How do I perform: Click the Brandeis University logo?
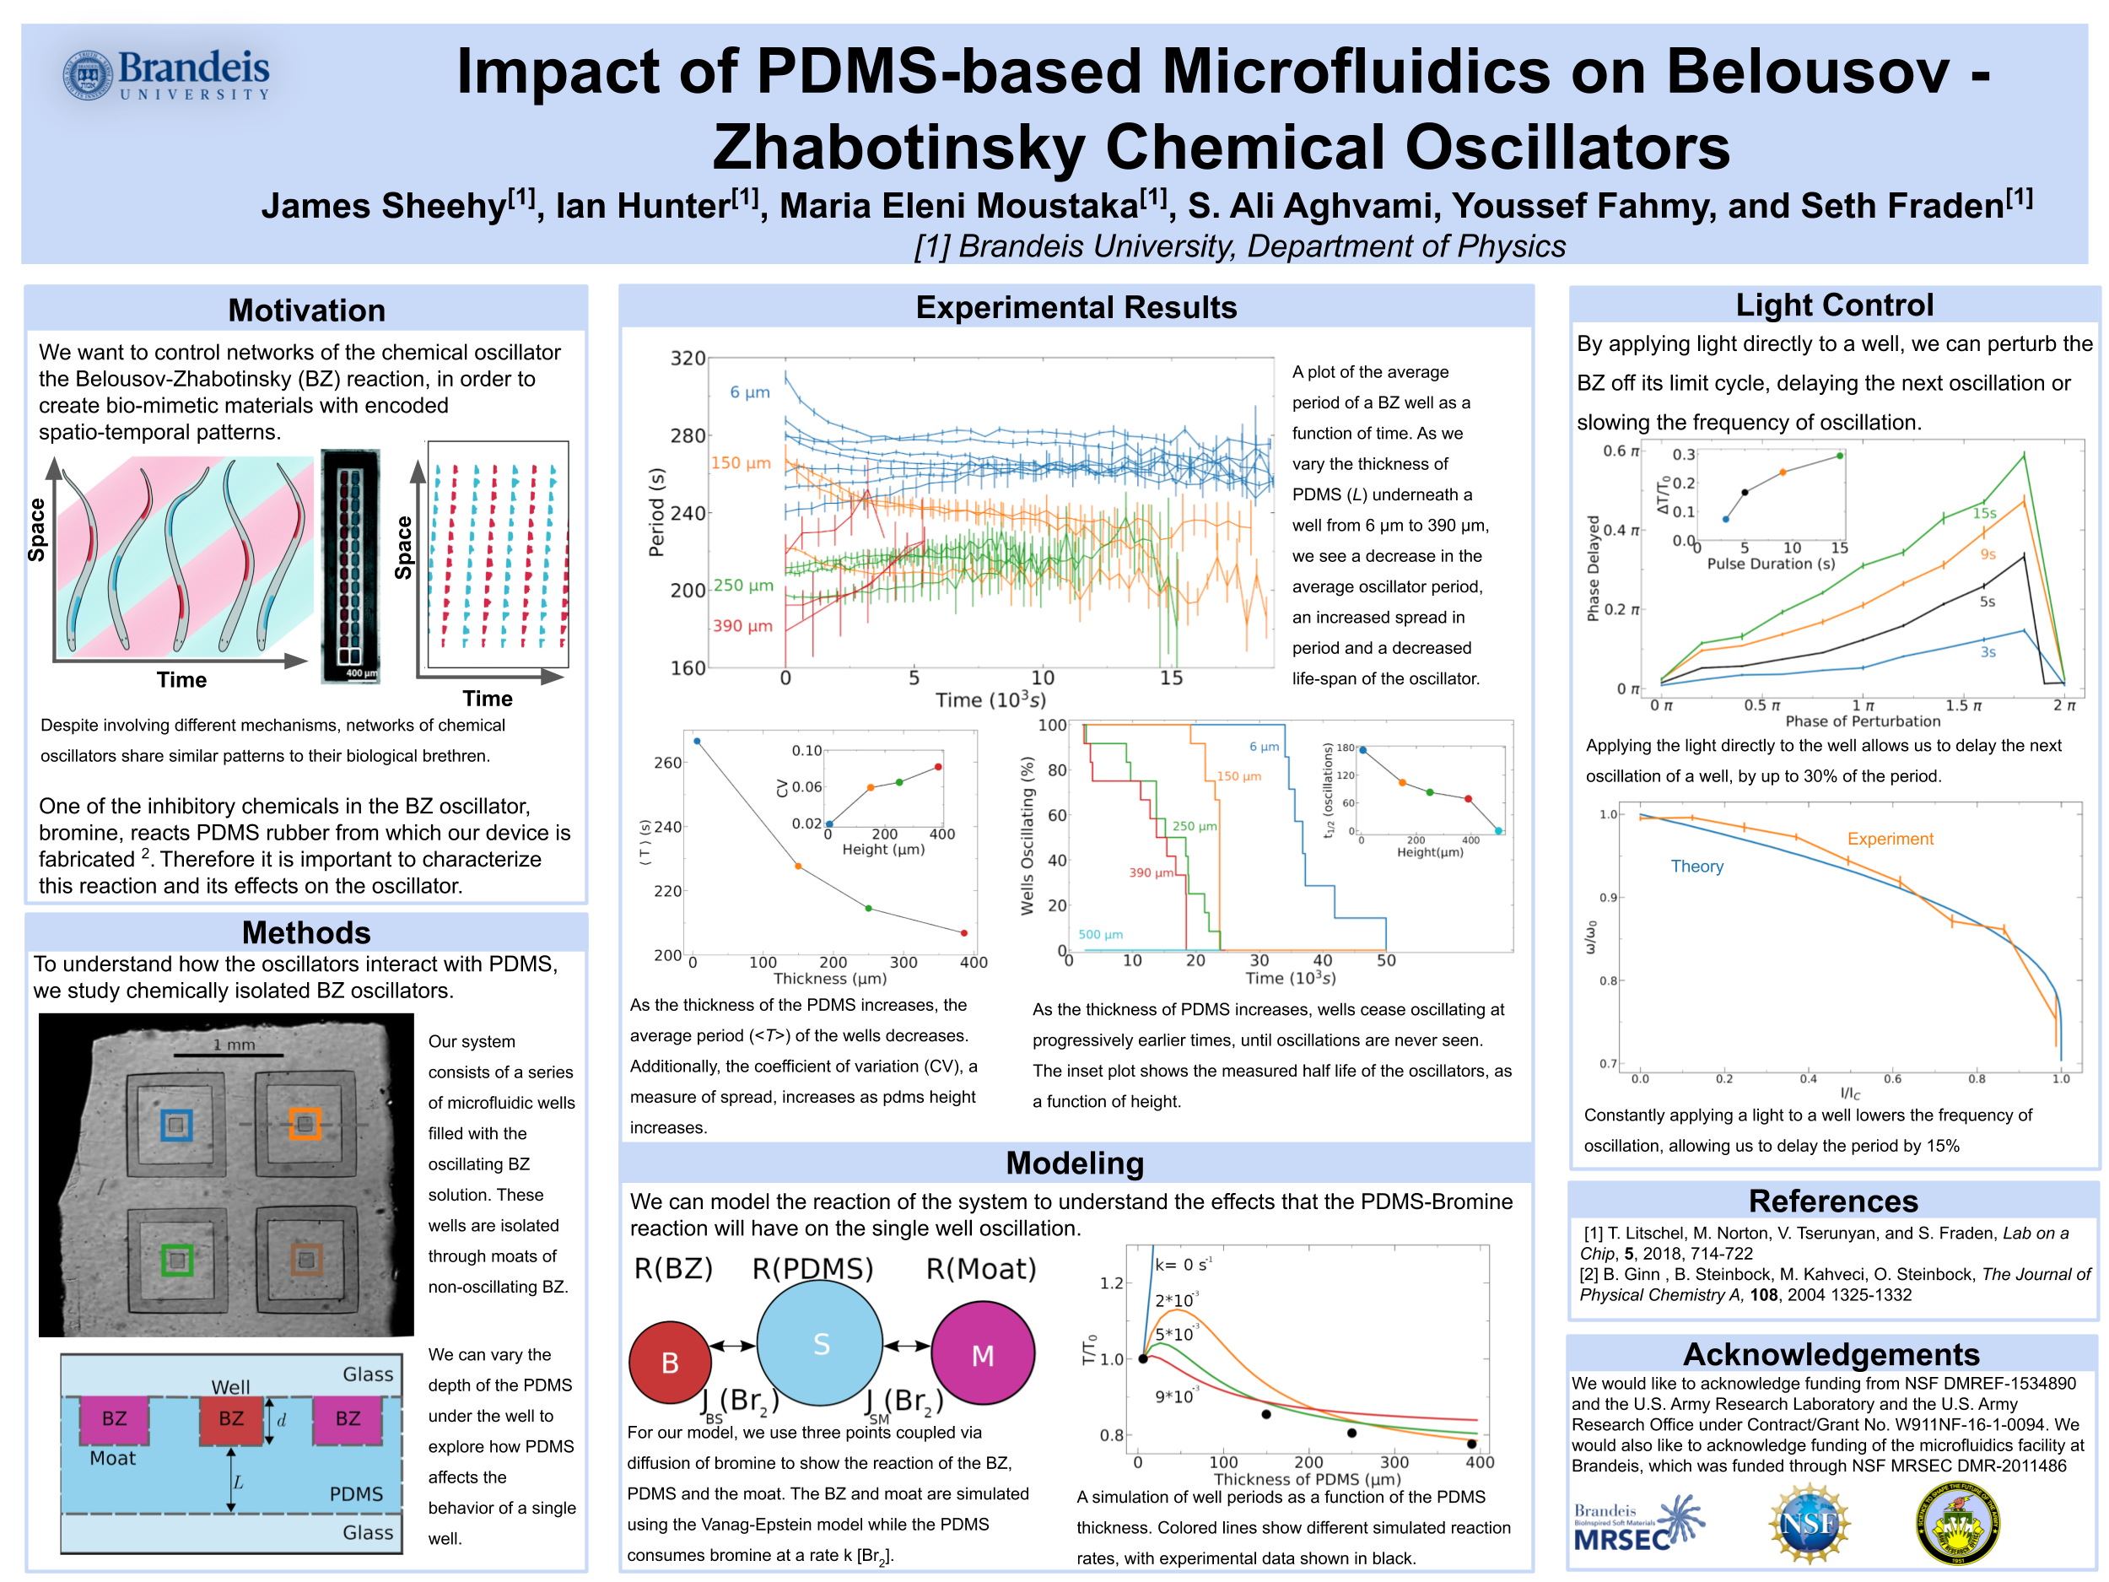click(x=167, y=74)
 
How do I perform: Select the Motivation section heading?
click(x=306, y=310)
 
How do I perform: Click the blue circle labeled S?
click(x=820, y=1343)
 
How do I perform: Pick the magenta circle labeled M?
click(x=982, y=1355)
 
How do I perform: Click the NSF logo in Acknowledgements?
click(x=1809, y=1524)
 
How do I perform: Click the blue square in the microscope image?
click(x=176, y=1126)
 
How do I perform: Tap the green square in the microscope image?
click(x=177, y=1261)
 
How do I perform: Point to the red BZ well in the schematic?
click(x=231, y=1419)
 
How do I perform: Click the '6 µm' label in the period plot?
click(x=749, y=392)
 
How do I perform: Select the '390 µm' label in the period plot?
click(x=742, y=625)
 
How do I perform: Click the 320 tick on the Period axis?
click(x=688, y=359)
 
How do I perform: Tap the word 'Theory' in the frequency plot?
click(x=1696, y=866)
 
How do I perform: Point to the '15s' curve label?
click(x=1984, y=513)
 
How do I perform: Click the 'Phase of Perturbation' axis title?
click(x=1862, y=721)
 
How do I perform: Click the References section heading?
click(x=1832, y=1201)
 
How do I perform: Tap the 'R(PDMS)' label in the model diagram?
click(x=812, y=1268)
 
